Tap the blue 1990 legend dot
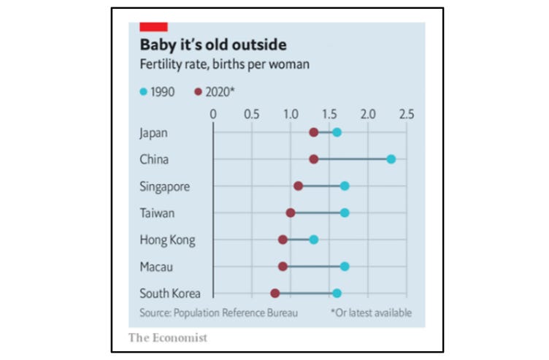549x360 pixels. coord(143,92)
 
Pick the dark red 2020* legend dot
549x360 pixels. coord(198,92)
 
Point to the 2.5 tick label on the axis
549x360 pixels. coord(407,114)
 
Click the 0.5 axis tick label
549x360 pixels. coord(252,114)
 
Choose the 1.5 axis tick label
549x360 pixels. coord(329,114)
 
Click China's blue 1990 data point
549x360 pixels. coord(391,159)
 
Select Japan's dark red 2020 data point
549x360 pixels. coord(314,132)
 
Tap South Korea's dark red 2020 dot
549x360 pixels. coord(275,293)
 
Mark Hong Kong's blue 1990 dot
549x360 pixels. coord(314,240)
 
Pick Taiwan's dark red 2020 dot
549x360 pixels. coord(291,212)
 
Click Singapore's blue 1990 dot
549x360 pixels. coord(345,186)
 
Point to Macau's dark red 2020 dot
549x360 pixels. coord(283,267)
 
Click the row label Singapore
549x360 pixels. coord(164,186)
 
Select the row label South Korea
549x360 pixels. coord(169,294)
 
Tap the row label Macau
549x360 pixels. coord(156,267)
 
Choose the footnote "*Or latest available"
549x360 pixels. coord(371,313)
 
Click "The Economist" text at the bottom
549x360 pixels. coord(168,337)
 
